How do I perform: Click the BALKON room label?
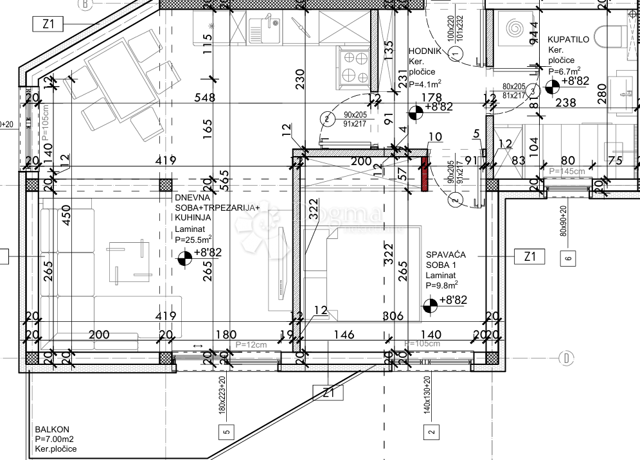point(52,429)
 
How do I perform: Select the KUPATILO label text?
point(568,40)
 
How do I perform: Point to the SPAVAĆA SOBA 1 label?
point(446,260)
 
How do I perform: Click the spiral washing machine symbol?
point(516,29)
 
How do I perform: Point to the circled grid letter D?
point(566,358)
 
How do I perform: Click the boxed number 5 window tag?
point(226,431)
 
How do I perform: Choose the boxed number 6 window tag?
point(568,259)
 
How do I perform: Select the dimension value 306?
point(393,315)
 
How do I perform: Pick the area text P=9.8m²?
point(441,285)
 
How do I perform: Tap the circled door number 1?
point(456,55)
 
